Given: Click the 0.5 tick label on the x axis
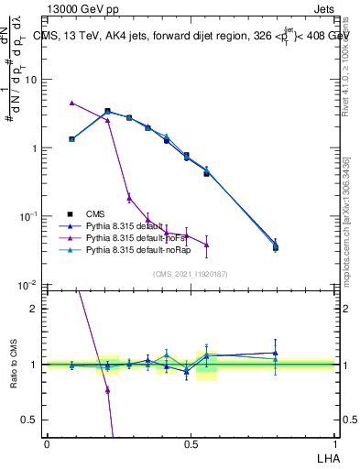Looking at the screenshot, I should [x=190, y=443].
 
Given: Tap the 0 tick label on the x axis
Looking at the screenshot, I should [x=47, y=443].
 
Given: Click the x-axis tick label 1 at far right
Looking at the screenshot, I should [x=333, y=443].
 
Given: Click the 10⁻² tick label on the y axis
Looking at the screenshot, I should [x=30, y=286].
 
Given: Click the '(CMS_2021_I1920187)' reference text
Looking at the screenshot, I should [x=190, y=274].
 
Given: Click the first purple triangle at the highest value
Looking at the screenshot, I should [x=72, y=103].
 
